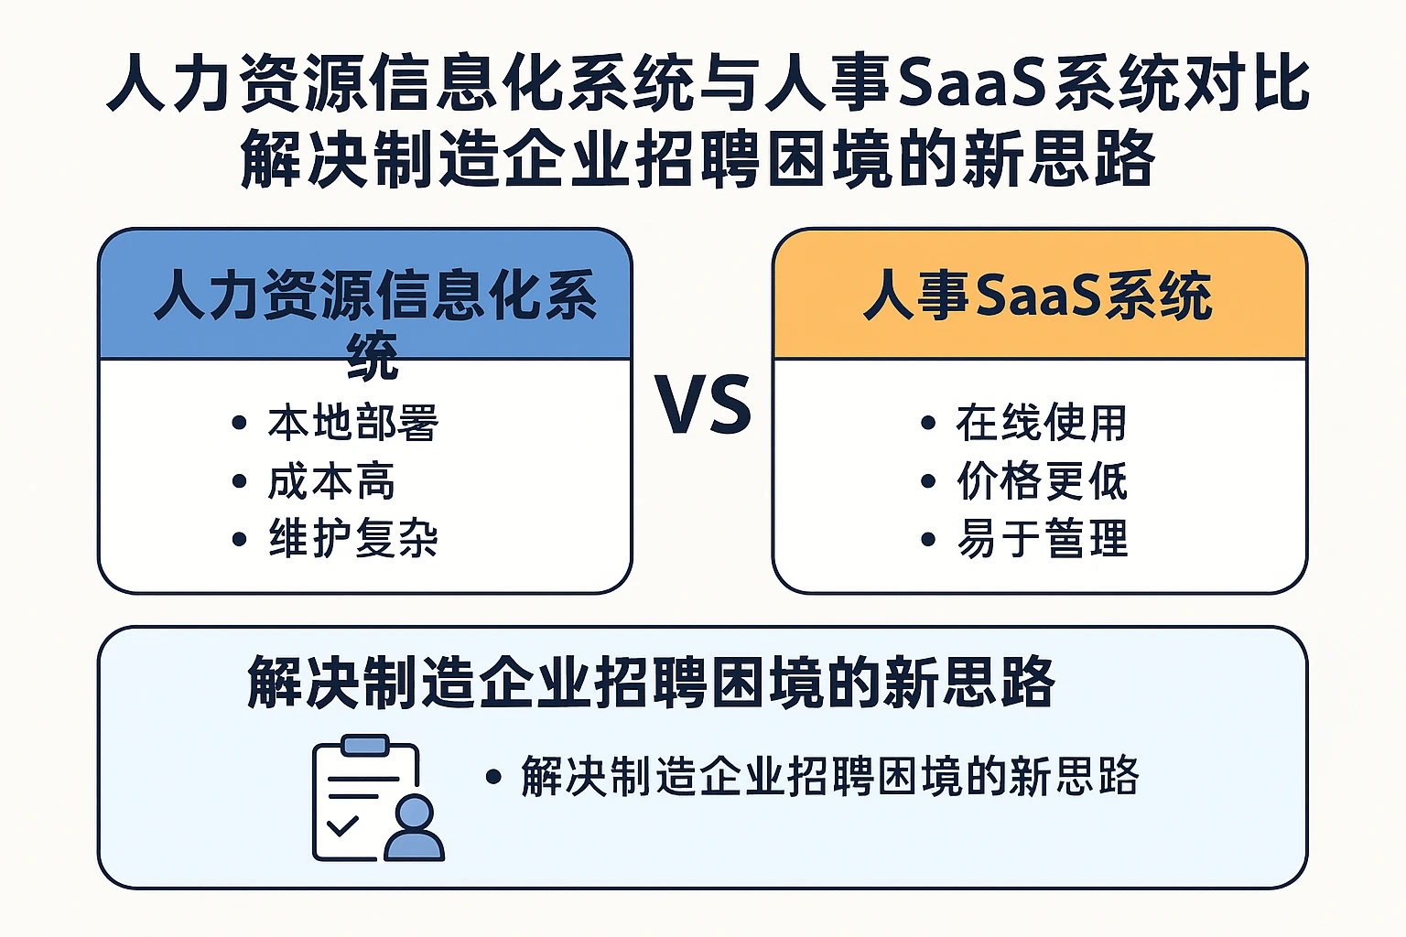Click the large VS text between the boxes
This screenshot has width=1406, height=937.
[x=702, y=404]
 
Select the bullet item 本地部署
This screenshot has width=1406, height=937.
[x=353, y=423]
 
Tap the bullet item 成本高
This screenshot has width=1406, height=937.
[x=331, y=481]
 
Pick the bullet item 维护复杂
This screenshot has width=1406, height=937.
[x=353, y=538]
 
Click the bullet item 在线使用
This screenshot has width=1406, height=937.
[x=1042, y=423]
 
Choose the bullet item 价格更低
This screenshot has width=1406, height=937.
[x=1042, y=481]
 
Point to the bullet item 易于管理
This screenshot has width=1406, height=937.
[x=1042, y=538]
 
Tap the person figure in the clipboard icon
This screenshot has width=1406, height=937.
[x=415, y=828]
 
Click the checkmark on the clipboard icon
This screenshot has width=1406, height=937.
[x=342, y=826]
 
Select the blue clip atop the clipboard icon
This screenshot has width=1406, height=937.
[x=364, y=745]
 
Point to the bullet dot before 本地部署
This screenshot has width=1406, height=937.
[x=239, y=423]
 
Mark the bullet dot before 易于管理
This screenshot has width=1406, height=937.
[x=927, y=539]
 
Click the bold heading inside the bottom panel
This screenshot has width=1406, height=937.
[x=650, y=683]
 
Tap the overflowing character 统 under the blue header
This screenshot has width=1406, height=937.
[x=373, y=356]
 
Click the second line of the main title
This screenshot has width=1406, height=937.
[x=698, y=159]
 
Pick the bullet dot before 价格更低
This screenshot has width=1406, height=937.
[x=927, y=481]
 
